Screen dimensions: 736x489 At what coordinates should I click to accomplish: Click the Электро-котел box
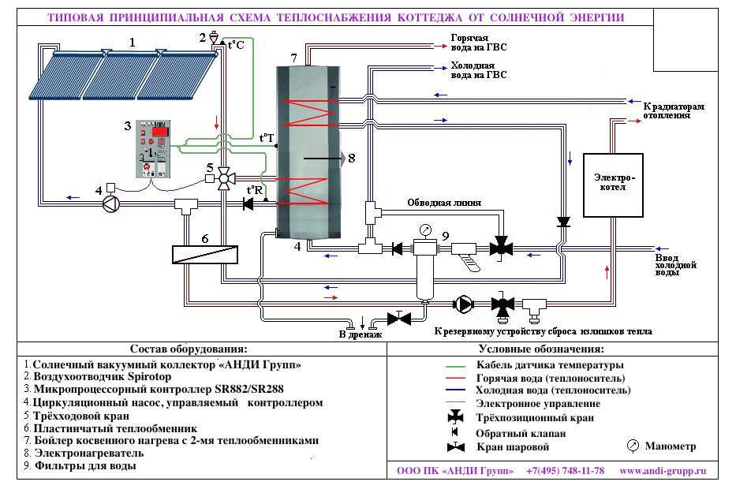pyautogui.click(x=613, y=185)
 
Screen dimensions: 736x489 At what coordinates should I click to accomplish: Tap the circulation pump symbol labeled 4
pyautogui.click(x=111, y=203)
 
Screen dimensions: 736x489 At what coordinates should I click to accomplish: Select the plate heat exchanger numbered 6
pyautogui.click(x=204, y=255)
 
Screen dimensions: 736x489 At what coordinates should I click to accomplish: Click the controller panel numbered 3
pyautogui.click(x=153, y=149)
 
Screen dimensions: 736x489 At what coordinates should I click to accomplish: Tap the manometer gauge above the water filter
pyautogui.click(x=425, y=230)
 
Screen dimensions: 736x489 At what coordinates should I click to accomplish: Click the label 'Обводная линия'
pyautogui.click(x=444, y=203)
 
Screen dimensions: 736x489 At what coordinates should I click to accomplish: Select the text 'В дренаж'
pyautogui.click(x=360, y=334)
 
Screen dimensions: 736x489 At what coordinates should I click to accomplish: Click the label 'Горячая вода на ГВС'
pyautogui.click(x=479, y=43)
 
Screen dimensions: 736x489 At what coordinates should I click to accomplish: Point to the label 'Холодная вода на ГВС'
pyautogui.click(x=479, y=70)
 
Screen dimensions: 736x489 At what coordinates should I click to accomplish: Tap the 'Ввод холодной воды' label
pyautogui.click(x=675, y=265)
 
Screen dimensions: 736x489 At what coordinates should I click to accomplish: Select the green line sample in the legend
pyautogui.click(x=455, y=366)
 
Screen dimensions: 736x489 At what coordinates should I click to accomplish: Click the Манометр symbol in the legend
pyautogui.click(x=633, y=446)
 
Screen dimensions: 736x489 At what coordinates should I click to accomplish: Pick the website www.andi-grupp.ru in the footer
pyautogui.click(x=663, y=471)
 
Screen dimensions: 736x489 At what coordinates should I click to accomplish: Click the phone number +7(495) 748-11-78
pyautogui.click(x=565, y=471)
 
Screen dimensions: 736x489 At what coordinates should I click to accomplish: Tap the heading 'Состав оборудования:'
pyautogui.click(x=189, y=349)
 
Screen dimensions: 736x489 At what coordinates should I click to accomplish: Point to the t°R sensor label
pyautogui.click(x=255, y=190)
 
